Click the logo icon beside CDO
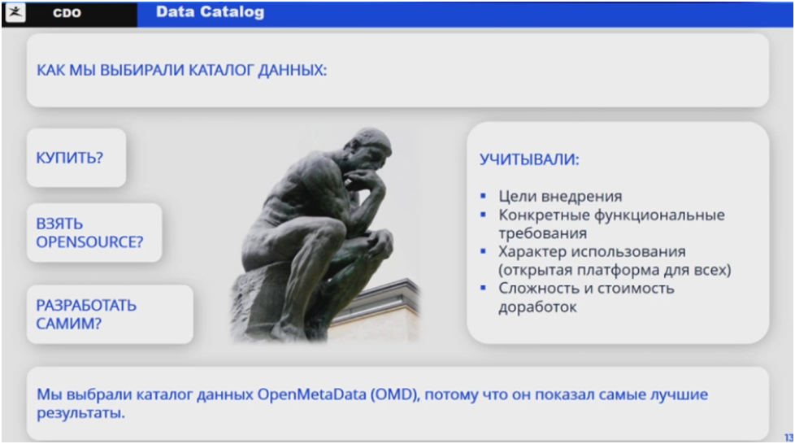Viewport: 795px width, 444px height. pos(15,12)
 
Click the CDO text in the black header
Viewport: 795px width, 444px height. pos(67,13)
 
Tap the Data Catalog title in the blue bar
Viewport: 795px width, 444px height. pos(210,11)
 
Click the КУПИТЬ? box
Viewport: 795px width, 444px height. pos(76,158)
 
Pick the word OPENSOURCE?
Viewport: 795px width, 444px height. pos(89,242)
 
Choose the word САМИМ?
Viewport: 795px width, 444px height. pos(69,323)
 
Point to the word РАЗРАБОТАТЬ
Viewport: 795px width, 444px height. pos(86,306)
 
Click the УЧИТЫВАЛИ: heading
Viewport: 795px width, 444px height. pos(529,159)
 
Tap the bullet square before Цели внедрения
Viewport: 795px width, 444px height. pos(483,196)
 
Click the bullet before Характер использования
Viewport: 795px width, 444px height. pos(483,251)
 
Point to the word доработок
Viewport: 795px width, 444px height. pos(537,307)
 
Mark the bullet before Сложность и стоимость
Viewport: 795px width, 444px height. pos(483,288)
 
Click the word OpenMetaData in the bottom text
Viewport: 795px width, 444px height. pos(312,394)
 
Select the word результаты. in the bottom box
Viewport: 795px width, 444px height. pos(80,413)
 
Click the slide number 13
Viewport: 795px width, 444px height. pos(789,437)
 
